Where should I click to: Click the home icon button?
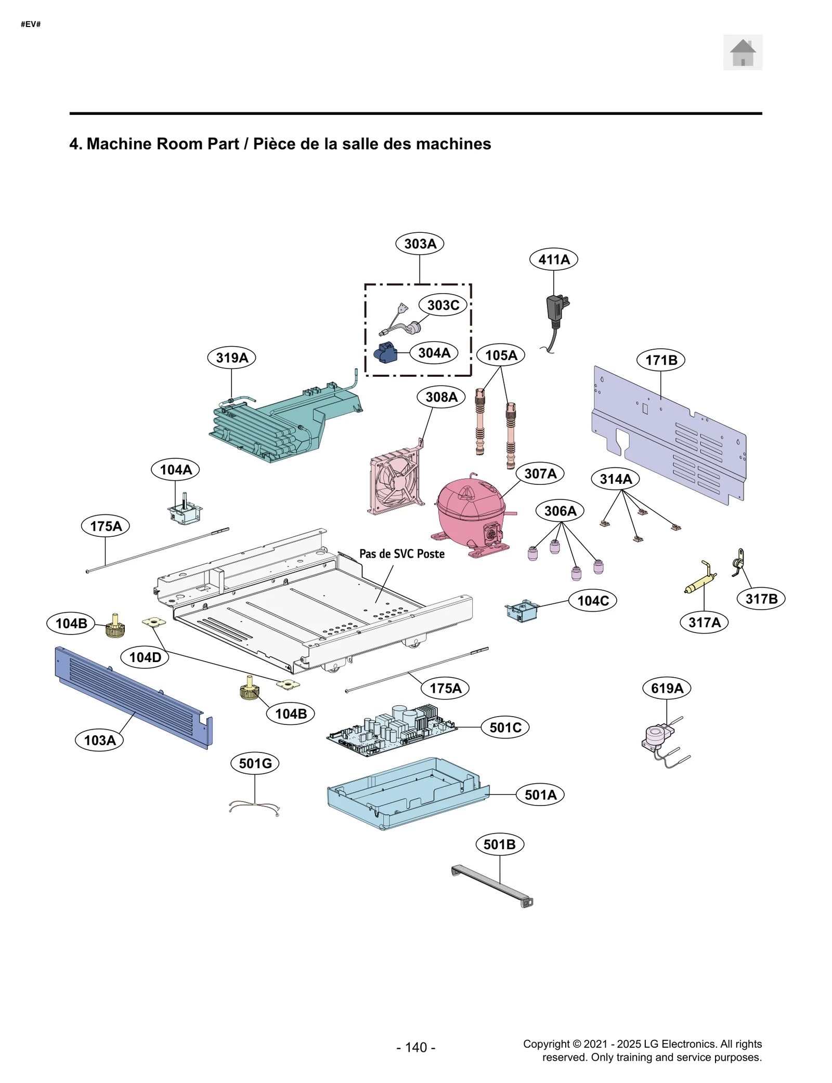(742, 52)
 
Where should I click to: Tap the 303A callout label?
(419, 243)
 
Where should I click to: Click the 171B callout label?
(660, 360)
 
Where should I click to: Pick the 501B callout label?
(499, 844)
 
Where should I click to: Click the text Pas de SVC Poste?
(401, 554)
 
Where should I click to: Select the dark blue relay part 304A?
(385, 353)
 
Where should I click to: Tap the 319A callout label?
(231, 358)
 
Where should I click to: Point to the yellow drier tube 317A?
(700, 579)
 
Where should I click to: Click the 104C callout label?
(592, 601)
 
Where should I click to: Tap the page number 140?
(415, 1047)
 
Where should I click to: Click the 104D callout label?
(145, 657)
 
